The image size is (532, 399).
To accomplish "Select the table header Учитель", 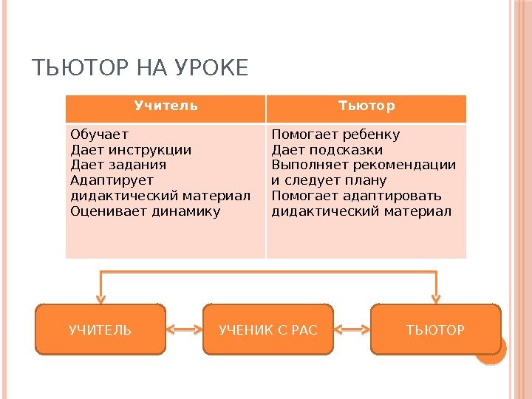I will [x=166, y=106].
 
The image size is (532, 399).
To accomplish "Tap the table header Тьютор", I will [x=366, y=106].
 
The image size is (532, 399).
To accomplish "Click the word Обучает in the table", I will [x=99, y=134].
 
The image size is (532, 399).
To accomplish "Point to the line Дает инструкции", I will [x=130, y=150].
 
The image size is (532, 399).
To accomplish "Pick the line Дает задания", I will [x=117, y=165].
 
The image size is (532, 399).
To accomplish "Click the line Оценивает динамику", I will [x=145, y=211].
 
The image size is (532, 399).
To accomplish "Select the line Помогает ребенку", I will [x=335, y=134].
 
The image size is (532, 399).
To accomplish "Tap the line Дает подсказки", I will [x=327, y=150].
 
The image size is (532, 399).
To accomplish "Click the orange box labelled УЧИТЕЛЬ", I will [x=100, y=330].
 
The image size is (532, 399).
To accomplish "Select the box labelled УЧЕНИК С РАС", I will [x=268, y=330].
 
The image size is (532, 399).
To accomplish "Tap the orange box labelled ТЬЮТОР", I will [x=436, y=330].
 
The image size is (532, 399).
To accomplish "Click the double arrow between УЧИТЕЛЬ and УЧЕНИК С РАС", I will [x=184, y=330].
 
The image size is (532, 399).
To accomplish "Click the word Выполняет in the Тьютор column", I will [x=301, y=165].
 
